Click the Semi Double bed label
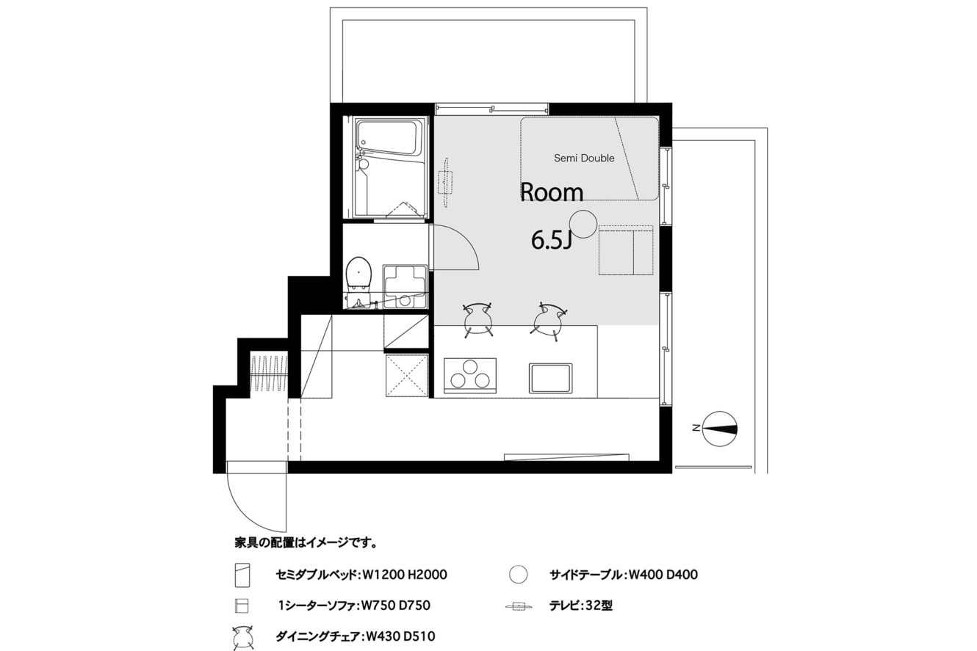[584, 159]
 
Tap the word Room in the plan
[552, 192]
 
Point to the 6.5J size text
[551, 240]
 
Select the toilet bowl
[358, 274]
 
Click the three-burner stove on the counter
[469, 376]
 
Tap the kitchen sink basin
[550, 378]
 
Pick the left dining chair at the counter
[478, 320]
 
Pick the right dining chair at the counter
[549, 321]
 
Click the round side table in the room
[583, 224]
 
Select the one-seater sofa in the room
[625, 250]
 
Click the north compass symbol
[719, 429]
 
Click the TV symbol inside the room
[445, 182]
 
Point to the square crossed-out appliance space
[406, 376]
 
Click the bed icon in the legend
[242, 575]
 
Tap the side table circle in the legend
[518, 575]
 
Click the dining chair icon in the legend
[242, 638]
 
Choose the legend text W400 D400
[663, 575]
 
